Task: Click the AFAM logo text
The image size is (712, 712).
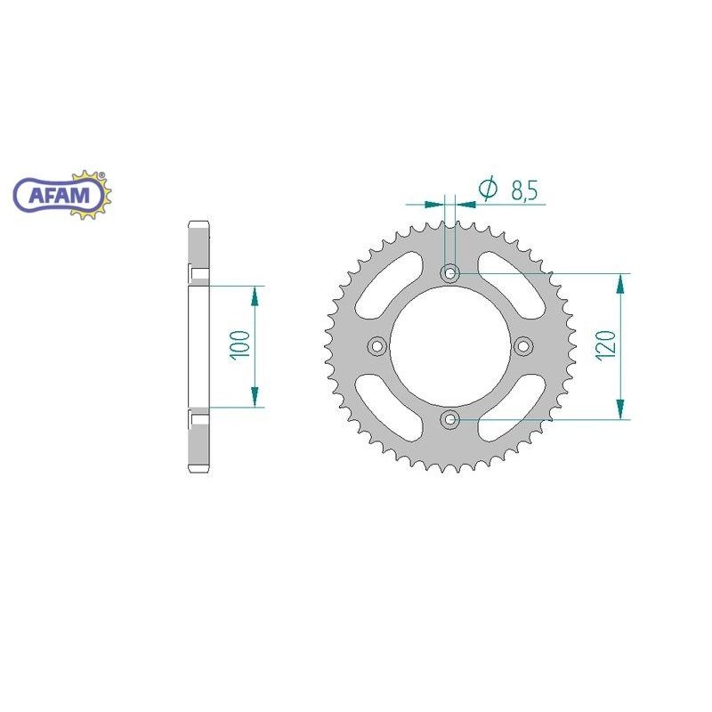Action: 59,195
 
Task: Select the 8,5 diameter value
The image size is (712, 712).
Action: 524,190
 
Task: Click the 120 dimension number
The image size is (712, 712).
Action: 607,346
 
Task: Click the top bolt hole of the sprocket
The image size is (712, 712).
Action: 450,273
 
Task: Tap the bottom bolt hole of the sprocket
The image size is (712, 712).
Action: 450,419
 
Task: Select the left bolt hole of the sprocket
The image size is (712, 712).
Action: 376,346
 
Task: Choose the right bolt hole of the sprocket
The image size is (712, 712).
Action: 523,346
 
